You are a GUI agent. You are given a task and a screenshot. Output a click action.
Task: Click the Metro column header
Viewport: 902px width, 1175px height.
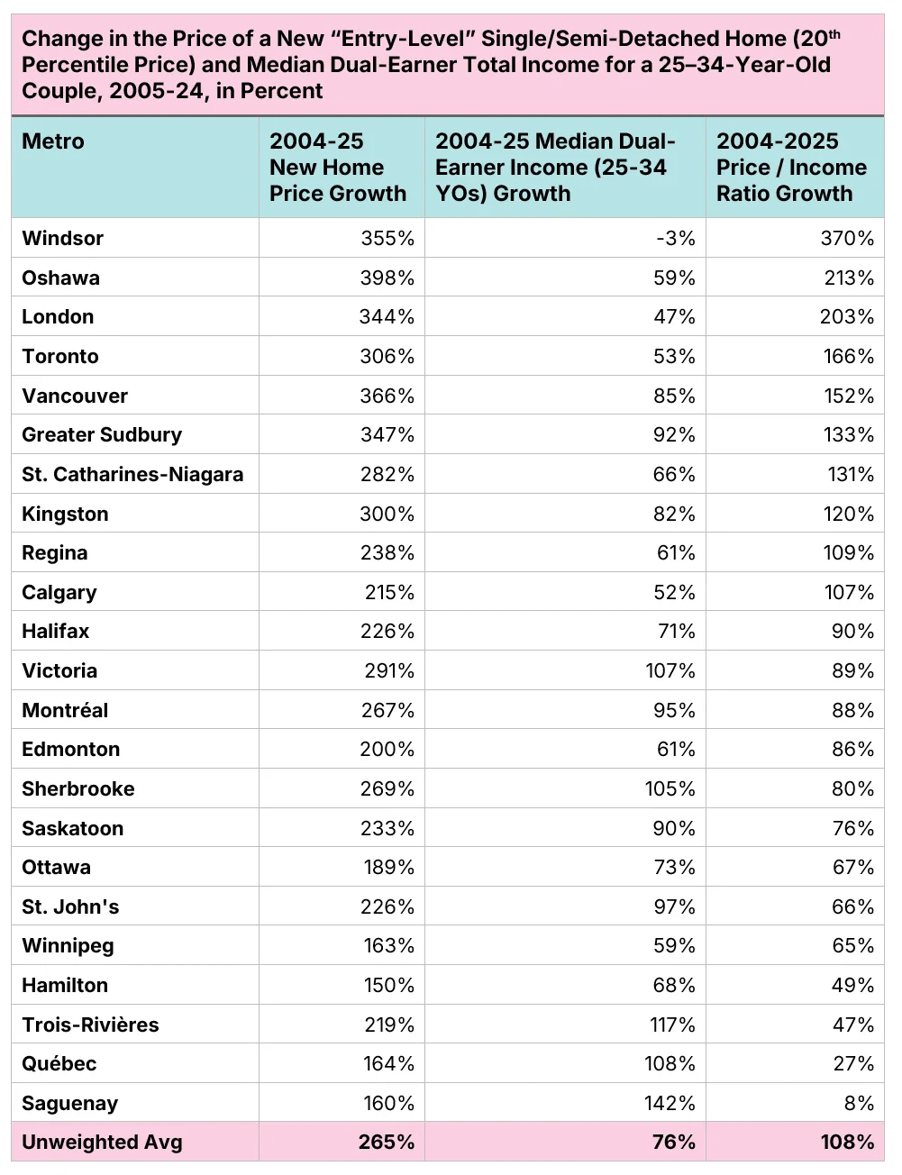tap(53, 141)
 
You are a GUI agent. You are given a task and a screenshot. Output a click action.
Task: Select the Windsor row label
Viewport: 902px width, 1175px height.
tap(63, 239)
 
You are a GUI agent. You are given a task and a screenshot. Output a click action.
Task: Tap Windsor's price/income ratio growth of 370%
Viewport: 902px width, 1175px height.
tap(848, 239)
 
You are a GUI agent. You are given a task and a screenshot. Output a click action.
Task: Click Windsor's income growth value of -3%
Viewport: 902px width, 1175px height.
tap(676, 239)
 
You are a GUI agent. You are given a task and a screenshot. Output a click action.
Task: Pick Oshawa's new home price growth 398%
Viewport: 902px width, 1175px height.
tap(387, 278)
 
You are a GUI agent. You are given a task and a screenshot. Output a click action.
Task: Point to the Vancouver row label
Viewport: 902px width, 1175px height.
tap(75, 396)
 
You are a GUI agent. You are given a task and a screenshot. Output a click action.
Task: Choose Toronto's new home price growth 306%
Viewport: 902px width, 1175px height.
tap(387, 357)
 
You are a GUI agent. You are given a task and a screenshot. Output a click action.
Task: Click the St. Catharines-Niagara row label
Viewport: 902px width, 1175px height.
tap(132, 475)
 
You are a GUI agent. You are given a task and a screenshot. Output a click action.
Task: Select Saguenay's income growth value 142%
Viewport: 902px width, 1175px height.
tap(670, 1104)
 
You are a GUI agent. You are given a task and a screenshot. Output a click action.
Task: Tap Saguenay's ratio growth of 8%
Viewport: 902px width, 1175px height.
tap(859, 1104)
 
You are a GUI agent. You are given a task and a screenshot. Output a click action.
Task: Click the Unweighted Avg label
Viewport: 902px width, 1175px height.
tap(102, 1143)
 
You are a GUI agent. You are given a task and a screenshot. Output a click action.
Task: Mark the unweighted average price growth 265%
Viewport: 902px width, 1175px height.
tap(387, 1143)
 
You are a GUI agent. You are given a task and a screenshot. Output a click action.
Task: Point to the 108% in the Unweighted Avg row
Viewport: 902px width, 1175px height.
tap(847, 1143)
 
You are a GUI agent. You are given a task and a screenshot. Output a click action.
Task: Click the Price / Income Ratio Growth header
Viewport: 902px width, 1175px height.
tap(791, 168)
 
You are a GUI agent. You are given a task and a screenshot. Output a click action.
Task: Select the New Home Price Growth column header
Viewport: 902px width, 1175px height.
tap(338, 168)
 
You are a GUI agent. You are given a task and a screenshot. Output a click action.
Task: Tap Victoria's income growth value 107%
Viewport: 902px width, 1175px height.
tap(670, 671)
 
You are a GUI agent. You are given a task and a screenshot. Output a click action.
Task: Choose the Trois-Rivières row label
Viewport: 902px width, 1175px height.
tap(90, 1025)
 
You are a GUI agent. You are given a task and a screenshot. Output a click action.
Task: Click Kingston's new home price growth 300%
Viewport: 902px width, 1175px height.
tap(387, 515)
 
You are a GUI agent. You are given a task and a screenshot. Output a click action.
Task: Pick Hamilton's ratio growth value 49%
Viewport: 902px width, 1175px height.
tap(852, 986)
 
